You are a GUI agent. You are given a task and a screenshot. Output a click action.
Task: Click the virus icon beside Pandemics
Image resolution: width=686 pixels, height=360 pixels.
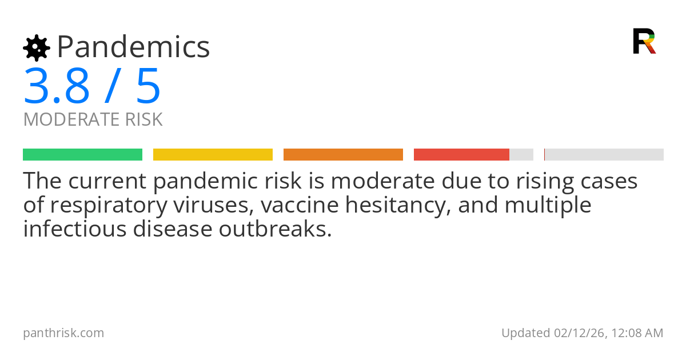[37, 47]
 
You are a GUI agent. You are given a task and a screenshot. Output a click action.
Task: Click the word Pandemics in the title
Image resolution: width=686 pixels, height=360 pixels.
[134, 47]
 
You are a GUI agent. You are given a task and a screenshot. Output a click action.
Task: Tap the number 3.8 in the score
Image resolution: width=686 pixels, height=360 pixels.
[57, 86]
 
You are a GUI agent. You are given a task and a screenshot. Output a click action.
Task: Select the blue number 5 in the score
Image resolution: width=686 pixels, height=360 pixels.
[149, 86]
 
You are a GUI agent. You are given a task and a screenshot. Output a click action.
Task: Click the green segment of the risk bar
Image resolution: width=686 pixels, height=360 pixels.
[82, 154]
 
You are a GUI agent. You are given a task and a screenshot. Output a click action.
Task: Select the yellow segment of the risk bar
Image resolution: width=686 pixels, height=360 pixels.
[213, 154]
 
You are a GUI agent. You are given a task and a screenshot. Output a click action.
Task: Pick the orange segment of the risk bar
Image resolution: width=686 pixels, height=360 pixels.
[343, 154]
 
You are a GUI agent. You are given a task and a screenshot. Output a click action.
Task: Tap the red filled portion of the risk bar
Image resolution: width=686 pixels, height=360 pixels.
[461, 154]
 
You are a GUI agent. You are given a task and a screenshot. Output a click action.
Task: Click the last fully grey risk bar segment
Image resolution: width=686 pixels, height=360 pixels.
[604, 154]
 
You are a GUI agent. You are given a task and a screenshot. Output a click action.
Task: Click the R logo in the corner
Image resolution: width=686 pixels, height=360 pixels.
[644, 41]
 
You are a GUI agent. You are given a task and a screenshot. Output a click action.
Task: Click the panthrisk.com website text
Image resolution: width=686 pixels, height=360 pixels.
[63, 333]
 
